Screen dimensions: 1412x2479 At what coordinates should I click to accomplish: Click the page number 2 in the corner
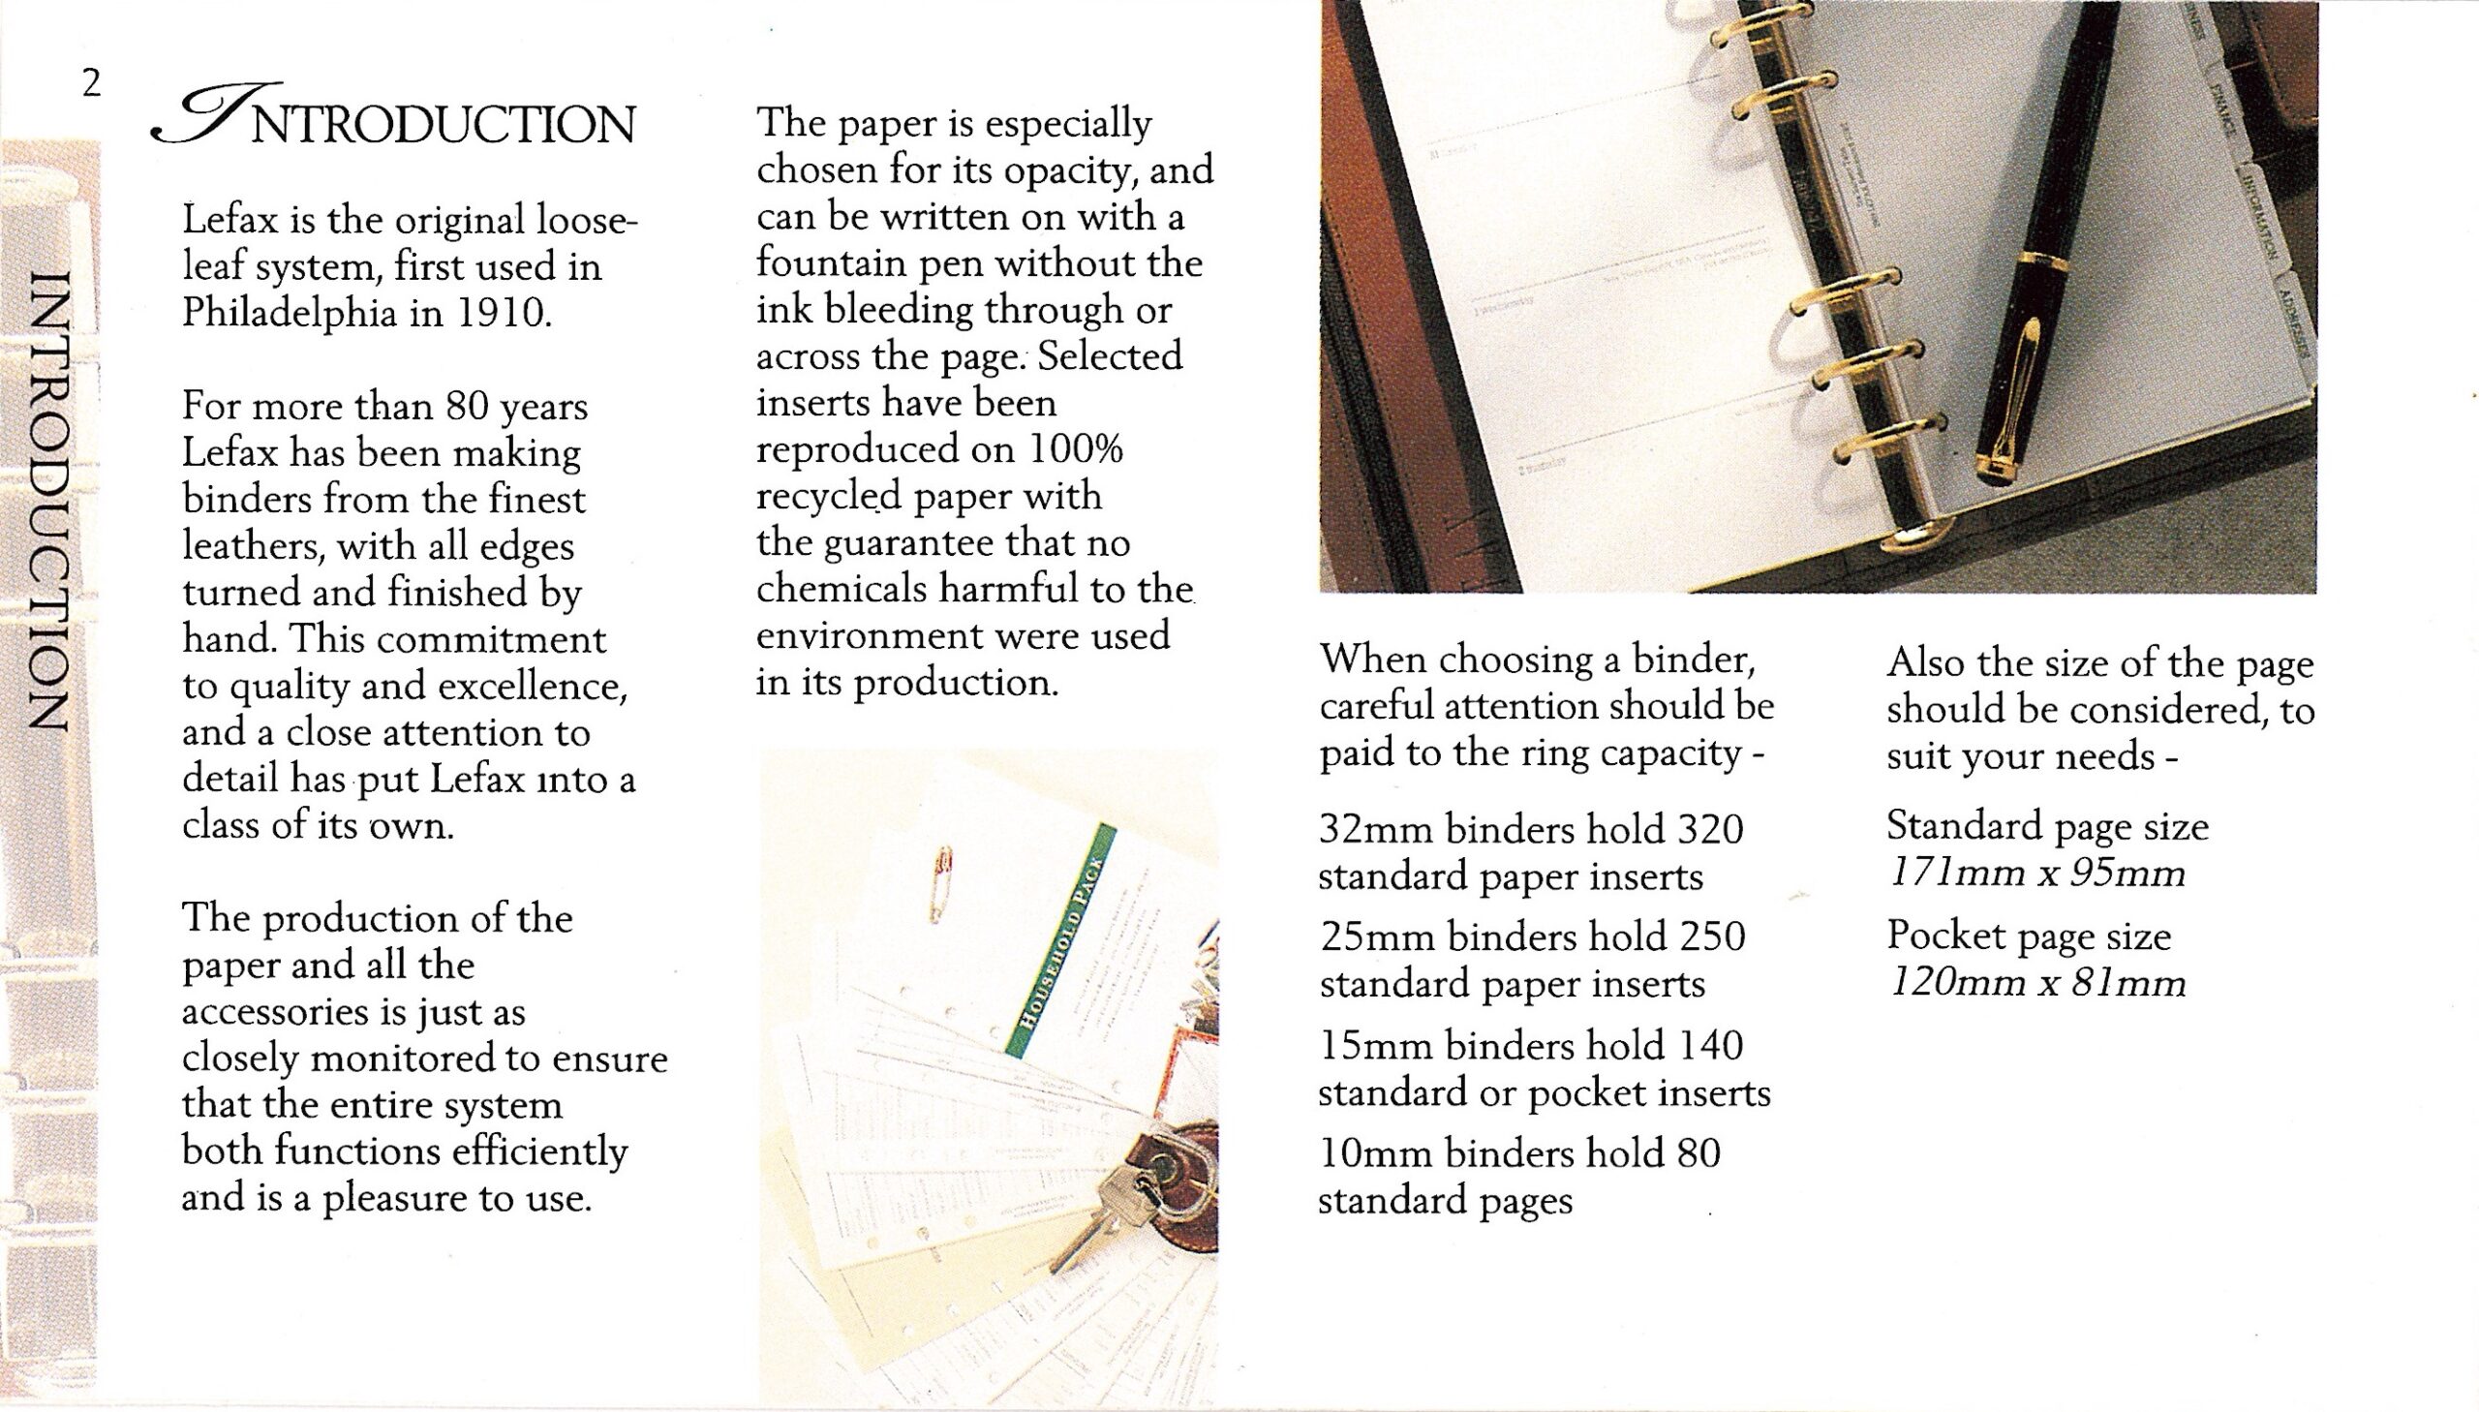click(91, 83)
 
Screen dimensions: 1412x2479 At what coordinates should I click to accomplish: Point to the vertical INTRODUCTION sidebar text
click(48, 500)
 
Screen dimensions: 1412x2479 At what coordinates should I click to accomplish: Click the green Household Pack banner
click(1061, 938)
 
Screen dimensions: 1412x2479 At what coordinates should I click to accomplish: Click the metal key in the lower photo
click(1105, 1212)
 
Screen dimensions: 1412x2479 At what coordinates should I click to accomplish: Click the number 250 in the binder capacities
click(1712, 937)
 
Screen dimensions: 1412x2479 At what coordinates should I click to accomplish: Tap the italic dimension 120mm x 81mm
click(2035, 984)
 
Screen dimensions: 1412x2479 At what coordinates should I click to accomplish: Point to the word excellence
click(533, 687)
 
